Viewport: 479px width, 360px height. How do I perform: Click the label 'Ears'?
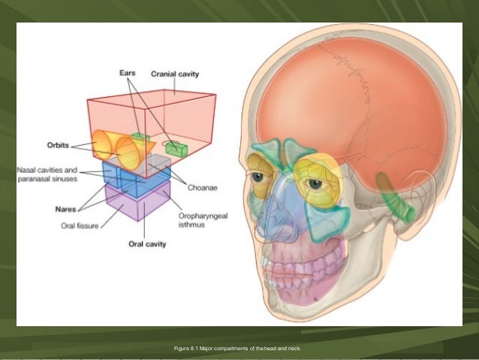click(x=128, y=74)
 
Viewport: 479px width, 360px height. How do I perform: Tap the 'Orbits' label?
click(x=62, y=145)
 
